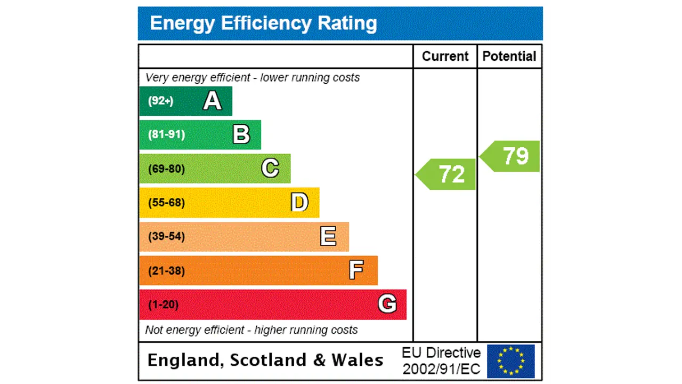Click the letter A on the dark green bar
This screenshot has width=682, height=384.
pos(212,101)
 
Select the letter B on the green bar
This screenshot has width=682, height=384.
pos(241,134)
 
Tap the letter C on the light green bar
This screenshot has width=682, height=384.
pos(270,169)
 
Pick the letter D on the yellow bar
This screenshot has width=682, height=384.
pos(299,203)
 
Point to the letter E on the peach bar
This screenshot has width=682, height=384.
pos(328,236)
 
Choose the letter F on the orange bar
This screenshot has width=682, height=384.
pos(356,270)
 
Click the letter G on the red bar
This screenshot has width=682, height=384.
pos(387,304)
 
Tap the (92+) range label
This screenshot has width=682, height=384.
pos(160,101)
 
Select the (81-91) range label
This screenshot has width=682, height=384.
pos(166,134)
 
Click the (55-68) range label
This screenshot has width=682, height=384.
pos(166,203)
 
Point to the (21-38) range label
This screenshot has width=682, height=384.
pos(166,270)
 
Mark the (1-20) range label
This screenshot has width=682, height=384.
pos(163,305)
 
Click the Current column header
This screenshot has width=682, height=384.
pos(445,57)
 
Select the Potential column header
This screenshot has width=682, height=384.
pos(509,57)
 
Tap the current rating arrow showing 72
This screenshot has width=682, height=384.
pos(446,174)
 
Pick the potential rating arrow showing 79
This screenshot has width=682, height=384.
pos(511,156)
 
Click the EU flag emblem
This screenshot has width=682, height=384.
pos(510,361)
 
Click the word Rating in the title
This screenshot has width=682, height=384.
pos(347,23)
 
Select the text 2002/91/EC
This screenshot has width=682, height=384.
pos(441,369)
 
